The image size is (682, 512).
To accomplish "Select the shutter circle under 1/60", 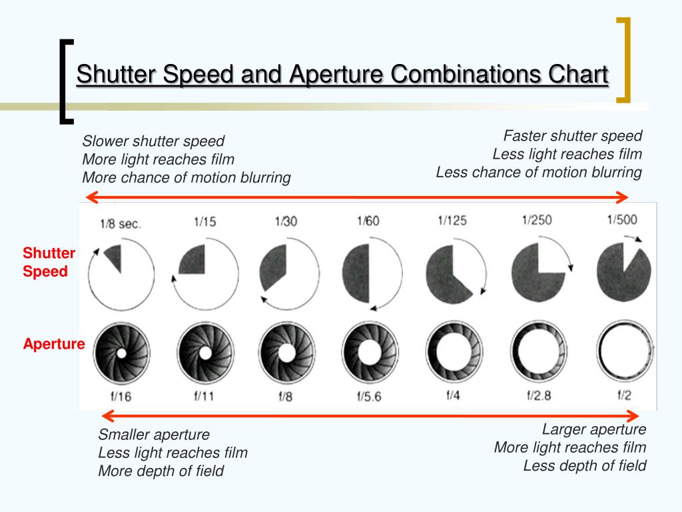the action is click(372, 273).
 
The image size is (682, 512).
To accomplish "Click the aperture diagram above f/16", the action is click(121, 351).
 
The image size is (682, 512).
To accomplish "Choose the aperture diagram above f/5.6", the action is click(370, 351).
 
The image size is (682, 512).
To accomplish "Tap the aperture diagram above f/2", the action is click(625, 351).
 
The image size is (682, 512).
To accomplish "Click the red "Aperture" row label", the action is click(54, 345).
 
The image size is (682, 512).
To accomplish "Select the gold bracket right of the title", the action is click(624, 60).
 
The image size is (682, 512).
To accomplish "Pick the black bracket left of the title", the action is click(65, 81).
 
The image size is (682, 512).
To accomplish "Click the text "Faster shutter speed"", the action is click(573, 136).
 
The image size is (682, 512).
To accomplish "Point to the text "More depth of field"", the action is click(161, 471).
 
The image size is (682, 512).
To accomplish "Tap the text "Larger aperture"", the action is click(594, 429).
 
